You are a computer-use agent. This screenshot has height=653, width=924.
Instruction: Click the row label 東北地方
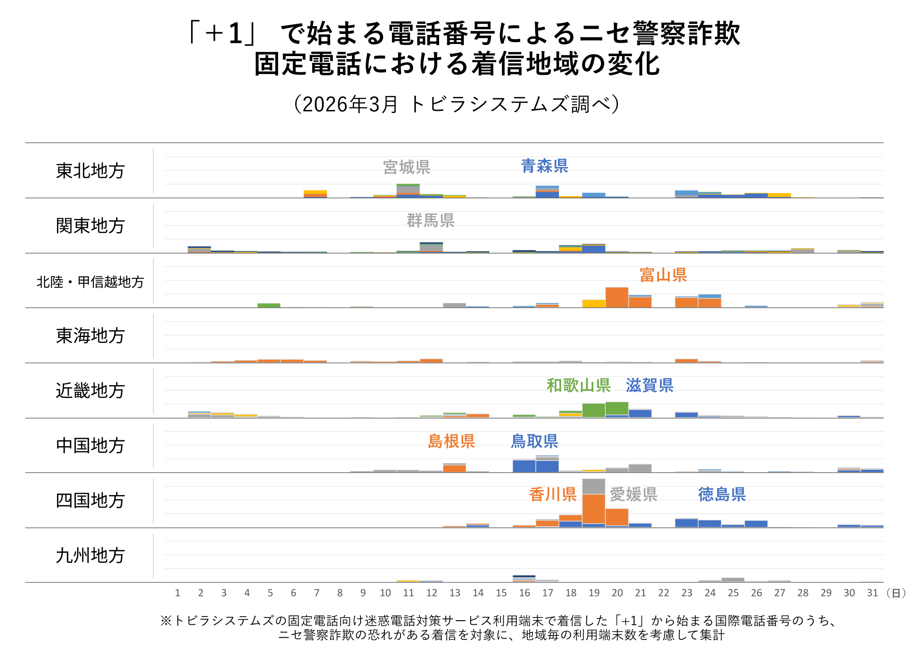pos(90,171)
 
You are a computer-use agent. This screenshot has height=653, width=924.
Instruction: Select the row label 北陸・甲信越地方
pos(90,282)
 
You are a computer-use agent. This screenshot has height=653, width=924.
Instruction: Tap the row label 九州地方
pos(90,556)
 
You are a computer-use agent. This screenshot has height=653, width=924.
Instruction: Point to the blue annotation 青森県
pos(544,166)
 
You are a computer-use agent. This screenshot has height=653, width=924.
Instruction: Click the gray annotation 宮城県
pos(406,167)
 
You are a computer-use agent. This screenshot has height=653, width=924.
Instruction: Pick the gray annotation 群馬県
pos(430,220)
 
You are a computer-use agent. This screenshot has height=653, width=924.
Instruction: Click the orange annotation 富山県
pos(662,275)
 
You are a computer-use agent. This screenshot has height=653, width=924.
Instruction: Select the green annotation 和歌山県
pos(578,386)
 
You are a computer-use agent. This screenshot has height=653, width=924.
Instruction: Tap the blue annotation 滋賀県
pos(649,386)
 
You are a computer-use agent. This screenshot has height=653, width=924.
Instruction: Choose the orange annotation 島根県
pos(451,441)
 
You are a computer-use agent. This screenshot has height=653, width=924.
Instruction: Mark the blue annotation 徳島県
pos(721,495)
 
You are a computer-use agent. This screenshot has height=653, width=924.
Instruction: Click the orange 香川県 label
pos(552,495)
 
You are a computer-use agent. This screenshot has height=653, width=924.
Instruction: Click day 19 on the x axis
pos(594,593)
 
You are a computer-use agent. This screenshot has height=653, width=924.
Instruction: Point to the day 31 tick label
pos(872,593)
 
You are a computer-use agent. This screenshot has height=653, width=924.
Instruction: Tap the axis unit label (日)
pos(896,593)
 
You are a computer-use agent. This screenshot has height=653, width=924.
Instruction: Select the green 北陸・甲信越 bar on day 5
pos(269,305)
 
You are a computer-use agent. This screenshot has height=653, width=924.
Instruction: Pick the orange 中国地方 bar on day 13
pos(454,468)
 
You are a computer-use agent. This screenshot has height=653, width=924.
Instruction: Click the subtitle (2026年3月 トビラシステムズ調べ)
pos(457,104)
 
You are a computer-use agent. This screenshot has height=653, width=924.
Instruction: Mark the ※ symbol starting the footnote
pos(166,621)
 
